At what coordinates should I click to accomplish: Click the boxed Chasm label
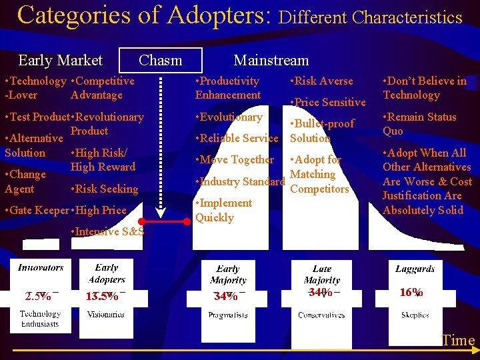(160, 61)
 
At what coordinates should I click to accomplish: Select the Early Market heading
(60, 61)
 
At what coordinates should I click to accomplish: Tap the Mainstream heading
(271, 61)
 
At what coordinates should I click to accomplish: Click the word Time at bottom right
(458, 341)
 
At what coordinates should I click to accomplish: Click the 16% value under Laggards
(411, 293)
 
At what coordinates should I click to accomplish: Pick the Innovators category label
(41, 267)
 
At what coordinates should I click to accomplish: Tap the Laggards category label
(415, 269)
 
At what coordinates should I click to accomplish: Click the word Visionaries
(105, 314)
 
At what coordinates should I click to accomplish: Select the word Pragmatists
(228, 315)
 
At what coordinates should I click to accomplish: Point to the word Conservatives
(321, 315)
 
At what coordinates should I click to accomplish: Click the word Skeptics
(415, 315)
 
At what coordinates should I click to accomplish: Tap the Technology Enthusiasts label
(39, 319)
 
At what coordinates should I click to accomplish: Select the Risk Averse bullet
(323, 81)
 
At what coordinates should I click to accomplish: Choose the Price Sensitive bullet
(329, 102)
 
